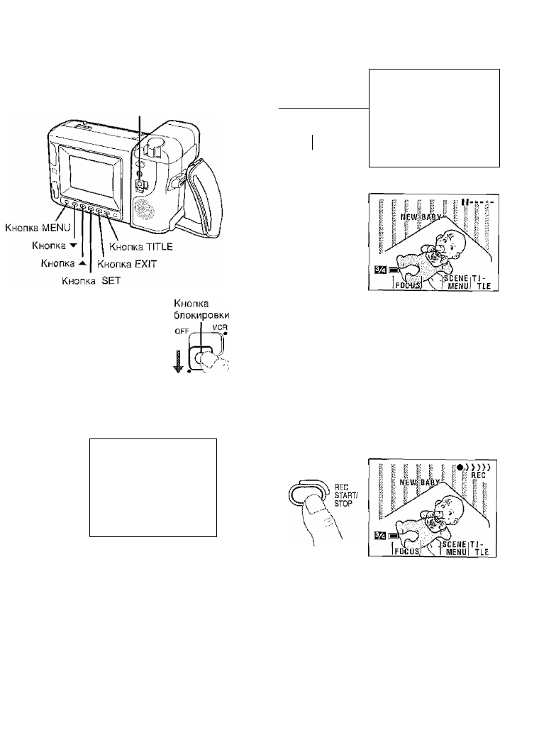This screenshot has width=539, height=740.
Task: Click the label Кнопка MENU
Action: click(x=36, y=228)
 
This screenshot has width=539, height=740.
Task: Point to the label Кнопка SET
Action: click(x=91, y=280)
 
